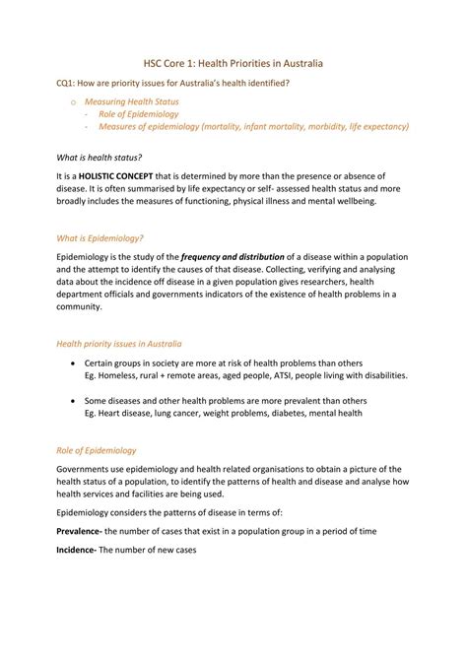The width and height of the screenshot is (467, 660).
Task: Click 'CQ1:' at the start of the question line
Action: [65, 83]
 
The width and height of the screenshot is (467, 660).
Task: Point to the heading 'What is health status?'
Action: [100, 157]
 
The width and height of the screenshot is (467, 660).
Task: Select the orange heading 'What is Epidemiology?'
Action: [100, 237]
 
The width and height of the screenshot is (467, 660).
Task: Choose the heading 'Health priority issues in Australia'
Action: [118, 344]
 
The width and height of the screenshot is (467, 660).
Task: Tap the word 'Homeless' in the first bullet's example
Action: [121, 375]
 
